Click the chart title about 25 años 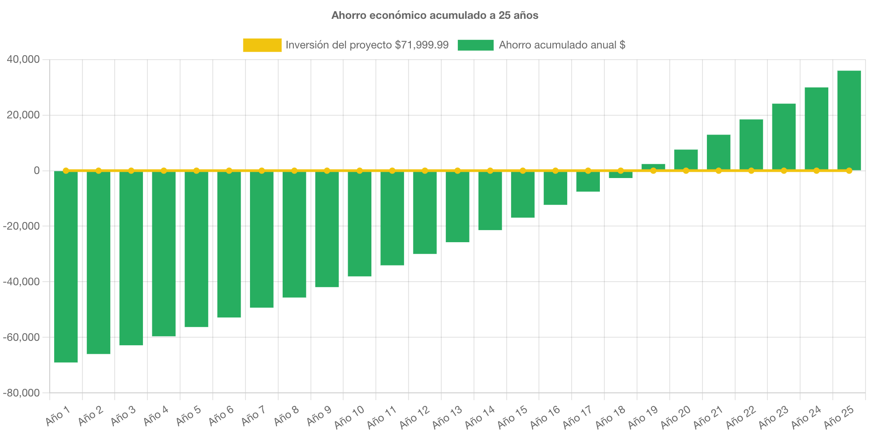pos(435,15)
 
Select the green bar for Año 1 pos(66,267)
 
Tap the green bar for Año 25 pos(849,120)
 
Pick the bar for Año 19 pos(653,166)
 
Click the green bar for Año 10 pos(360,223)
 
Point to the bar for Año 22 pos(751,144)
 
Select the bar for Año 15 pos(523,194)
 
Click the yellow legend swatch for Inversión pos(262,45)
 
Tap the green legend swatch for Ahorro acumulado pos(475,45)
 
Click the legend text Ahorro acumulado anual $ pos(562,45)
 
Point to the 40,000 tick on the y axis pos(23,59)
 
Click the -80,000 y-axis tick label pos(22,393)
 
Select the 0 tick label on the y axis pos(37,170)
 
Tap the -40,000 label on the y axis pos(22,282)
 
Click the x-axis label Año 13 pos(448,417)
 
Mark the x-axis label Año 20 pos(676,417)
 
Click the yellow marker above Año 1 pos(66,170)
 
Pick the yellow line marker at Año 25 pos(849,170)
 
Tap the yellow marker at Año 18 pos(620,170)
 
